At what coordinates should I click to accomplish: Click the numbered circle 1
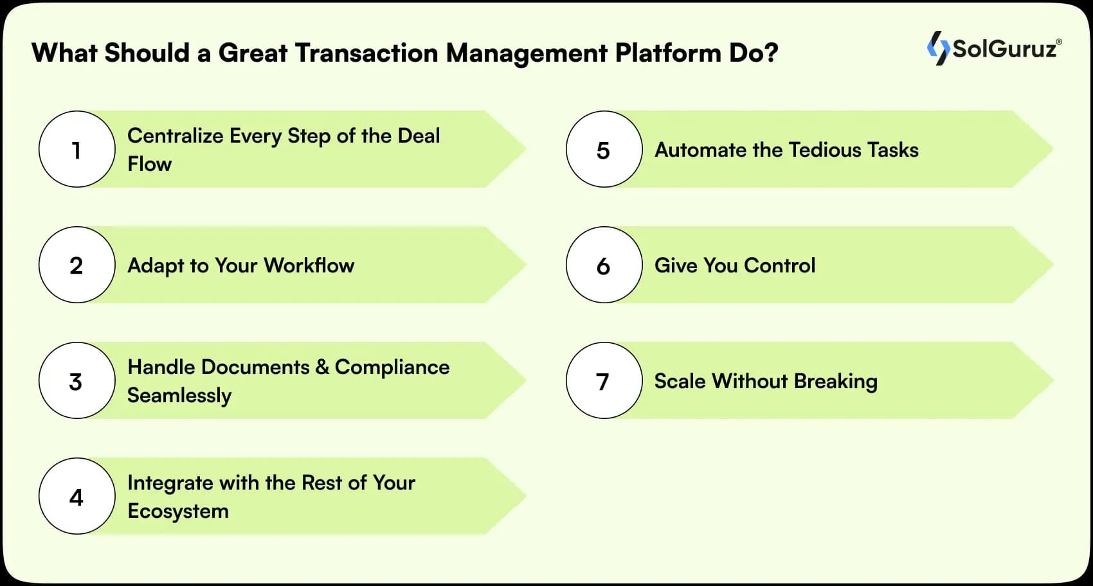77,149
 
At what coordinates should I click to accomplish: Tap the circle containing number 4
77,496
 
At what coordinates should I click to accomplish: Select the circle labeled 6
604,265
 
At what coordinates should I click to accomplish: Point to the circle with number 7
604,380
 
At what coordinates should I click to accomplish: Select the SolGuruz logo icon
938,48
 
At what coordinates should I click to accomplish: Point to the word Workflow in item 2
309,265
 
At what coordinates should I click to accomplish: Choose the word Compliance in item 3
392,367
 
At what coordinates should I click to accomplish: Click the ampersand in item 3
322,367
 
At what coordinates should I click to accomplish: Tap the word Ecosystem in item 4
178,511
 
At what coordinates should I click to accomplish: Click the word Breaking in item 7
835,381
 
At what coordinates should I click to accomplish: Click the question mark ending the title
771,53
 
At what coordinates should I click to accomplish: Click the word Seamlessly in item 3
179,395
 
